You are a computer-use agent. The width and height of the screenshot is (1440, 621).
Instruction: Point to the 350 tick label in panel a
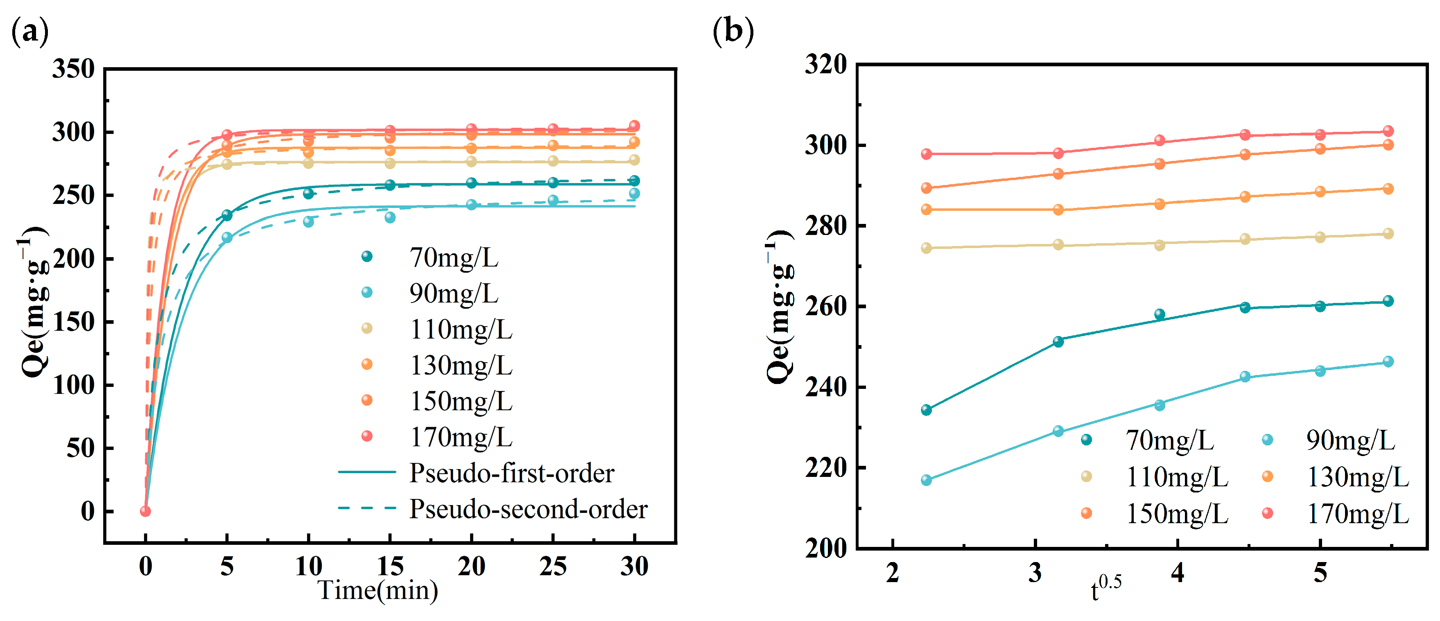coord(73,69)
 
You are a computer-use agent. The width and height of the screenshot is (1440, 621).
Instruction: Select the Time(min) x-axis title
coord(378,590)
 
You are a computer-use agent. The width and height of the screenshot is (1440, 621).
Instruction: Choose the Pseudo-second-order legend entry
coord(528,509)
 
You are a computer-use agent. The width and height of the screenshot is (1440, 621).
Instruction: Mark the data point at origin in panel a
coord(145,511)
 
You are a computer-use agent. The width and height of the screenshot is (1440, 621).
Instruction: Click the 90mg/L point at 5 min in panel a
coord(227,237)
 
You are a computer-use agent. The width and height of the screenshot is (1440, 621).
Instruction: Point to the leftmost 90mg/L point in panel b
coord(926,480)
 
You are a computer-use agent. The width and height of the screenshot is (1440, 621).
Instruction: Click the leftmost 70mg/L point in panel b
coord(926,410)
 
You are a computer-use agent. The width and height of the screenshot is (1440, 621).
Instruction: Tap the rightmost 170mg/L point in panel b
coord(1388,131)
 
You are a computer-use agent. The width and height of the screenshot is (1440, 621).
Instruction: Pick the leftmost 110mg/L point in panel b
coord(926,248)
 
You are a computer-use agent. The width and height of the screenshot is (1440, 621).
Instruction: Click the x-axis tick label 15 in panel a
coord(390,566)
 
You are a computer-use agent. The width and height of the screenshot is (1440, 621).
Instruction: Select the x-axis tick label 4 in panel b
coord(1177,572)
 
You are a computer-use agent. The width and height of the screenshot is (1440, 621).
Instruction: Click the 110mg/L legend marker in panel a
coord(367,328)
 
